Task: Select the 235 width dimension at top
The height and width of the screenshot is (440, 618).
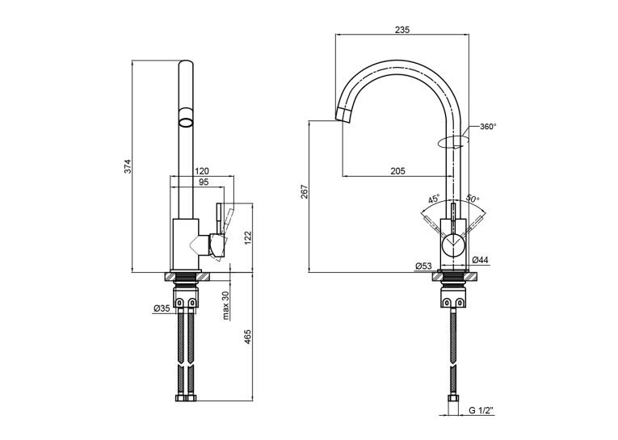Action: [x=402, y=29]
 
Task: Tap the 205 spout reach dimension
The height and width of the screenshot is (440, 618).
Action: [x=397, y=171]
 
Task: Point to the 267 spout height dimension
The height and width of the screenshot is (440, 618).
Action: [x=305, y=192]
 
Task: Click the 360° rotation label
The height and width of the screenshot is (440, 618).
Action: [x=488, y=127]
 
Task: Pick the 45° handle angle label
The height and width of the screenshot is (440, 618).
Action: [x=434, y=199]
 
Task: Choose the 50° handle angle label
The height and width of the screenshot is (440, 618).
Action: [x=473, y=198]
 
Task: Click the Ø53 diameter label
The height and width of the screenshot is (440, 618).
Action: [x=423, y=266]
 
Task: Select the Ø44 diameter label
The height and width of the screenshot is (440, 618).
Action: [x=480, y=260]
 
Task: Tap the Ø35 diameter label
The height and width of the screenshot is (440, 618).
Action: [x=162, y=308]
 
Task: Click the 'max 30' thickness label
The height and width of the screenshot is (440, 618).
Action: [x=226, y=306]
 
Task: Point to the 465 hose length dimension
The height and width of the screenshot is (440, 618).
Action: [x=247, y=337]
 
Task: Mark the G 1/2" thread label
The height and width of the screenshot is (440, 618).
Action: [x=481, y=410]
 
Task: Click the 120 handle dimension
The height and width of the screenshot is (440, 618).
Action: [x=202, y=171]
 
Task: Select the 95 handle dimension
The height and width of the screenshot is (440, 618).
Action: [x=204, y=182]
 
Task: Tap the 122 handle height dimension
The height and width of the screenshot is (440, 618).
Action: [x=247, y=237]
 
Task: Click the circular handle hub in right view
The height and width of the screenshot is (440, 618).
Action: [x=453, y=245]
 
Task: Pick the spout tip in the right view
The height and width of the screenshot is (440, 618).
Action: [x=343, y=115]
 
